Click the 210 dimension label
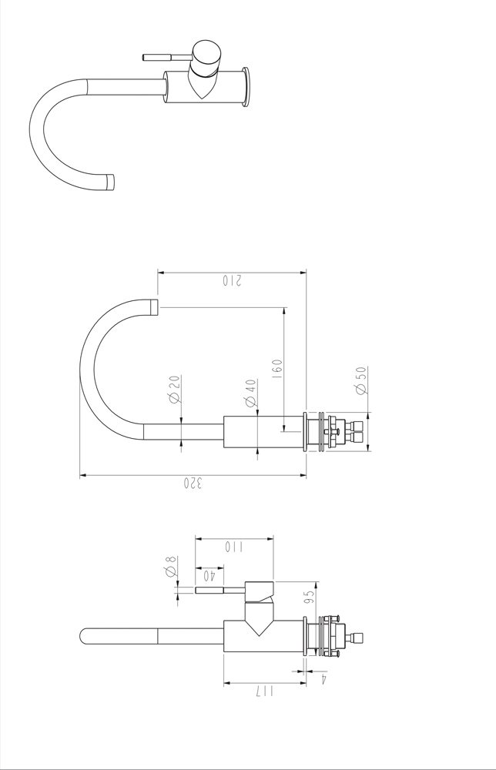tap(232, 281)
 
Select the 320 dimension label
tap(193, 483)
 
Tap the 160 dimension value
tap(277, 369)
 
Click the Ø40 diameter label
tap(250, 393)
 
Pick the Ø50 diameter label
tap(361, 380)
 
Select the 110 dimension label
tap(234, 547)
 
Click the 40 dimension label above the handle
tap(210, 574)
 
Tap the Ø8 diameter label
tap(171, 566)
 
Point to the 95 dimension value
tap(309, 597)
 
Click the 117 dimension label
tap(264, 691)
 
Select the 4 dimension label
tap(324, 678)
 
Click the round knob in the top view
tap(206, 58)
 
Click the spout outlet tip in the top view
tap(110, 182)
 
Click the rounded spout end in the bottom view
tap(85, 636)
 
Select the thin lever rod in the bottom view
tap(220, 590)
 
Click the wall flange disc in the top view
tap(246, 86)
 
